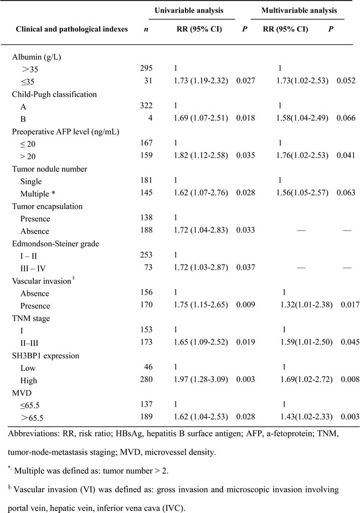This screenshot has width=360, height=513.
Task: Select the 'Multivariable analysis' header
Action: point(300,11)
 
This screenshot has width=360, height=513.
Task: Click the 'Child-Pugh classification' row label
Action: point(53,94)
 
